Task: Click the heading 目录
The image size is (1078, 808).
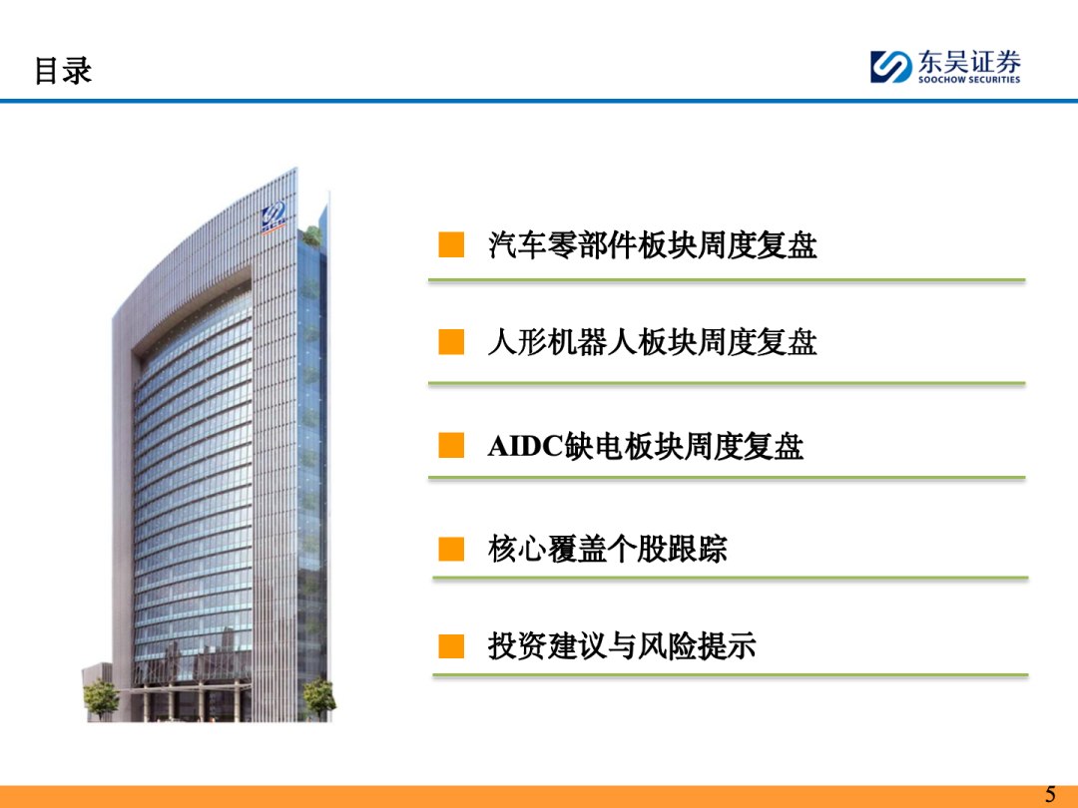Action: (63, 71)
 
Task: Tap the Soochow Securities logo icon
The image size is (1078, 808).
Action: (891, 67)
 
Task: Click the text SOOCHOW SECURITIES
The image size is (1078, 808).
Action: (969, 80)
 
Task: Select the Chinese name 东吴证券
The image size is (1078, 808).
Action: (969, 62)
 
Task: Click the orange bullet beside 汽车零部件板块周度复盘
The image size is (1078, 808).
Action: (451, 244)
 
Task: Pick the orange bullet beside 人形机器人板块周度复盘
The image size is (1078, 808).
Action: (451, 341)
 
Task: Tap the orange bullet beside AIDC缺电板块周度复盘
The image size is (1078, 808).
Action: (451, 445)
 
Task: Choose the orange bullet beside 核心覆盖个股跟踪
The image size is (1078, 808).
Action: (451, 549)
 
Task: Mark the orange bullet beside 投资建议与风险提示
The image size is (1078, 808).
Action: (451, 645)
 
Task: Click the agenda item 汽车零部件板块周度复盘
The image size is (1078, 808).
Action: (653, 245)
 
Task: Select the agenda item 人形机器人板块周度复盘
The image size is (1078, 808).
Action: (653, 342)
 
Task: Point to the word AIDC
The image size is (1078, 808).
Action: (526, 446)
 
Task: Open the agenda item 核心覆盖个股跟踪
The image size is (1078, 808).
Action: (608, 549)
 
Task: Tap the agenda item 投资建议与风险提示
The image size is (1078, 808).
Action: (622, 646)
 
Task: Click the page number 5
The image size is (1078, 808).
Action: (1050, 794)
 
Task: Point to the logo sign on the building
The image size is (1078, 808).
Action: (273, 217)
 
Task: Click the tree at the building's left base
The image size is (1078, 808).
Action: (101, 697)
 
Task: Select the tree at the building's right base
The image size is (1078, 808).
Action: (319, 697)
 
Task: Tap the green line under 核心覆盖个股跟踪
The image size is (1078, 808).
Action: (730, 579)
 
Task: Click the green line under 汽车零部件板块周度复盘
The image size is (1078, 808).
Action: (727, 280)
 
